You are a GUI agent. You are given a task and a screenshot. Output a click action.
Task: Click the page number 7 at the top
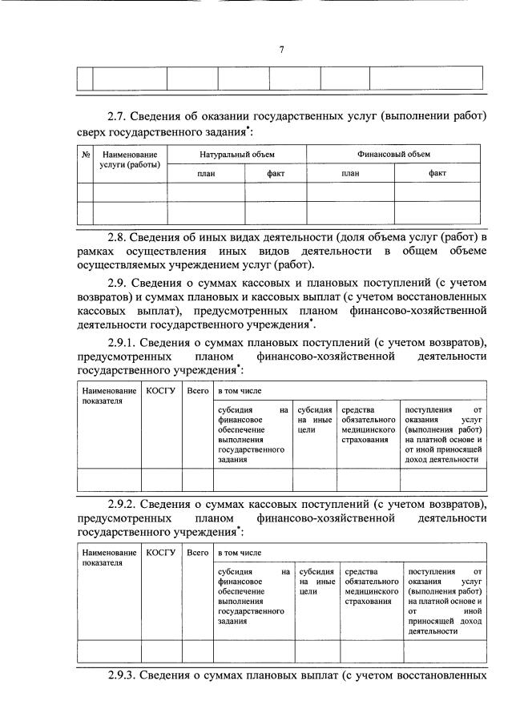point(281,50)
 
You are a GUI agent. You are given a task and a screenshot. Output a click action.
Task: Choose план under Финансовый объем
point(350,172)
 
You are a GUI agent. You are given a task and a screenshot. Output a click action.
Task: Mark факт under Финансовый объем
point(437,172)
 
